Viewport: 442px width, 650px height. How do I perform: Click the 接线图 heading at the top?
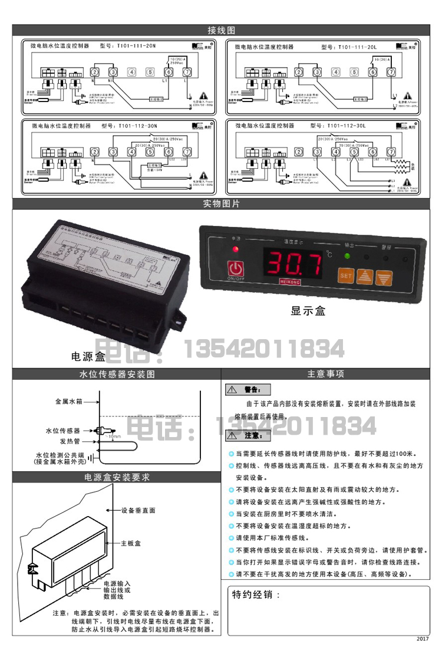pos(221,30)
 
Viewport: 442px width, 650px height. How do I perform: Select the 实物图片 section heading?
pos(221,204)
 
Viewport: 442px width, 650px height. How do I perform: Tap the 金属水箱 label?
pos(68,401)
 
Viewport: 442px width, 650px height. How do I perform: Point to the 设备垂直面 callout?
pos(138,510)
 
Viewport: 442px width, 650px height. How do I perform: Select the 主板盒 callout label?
pos(130,543)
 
